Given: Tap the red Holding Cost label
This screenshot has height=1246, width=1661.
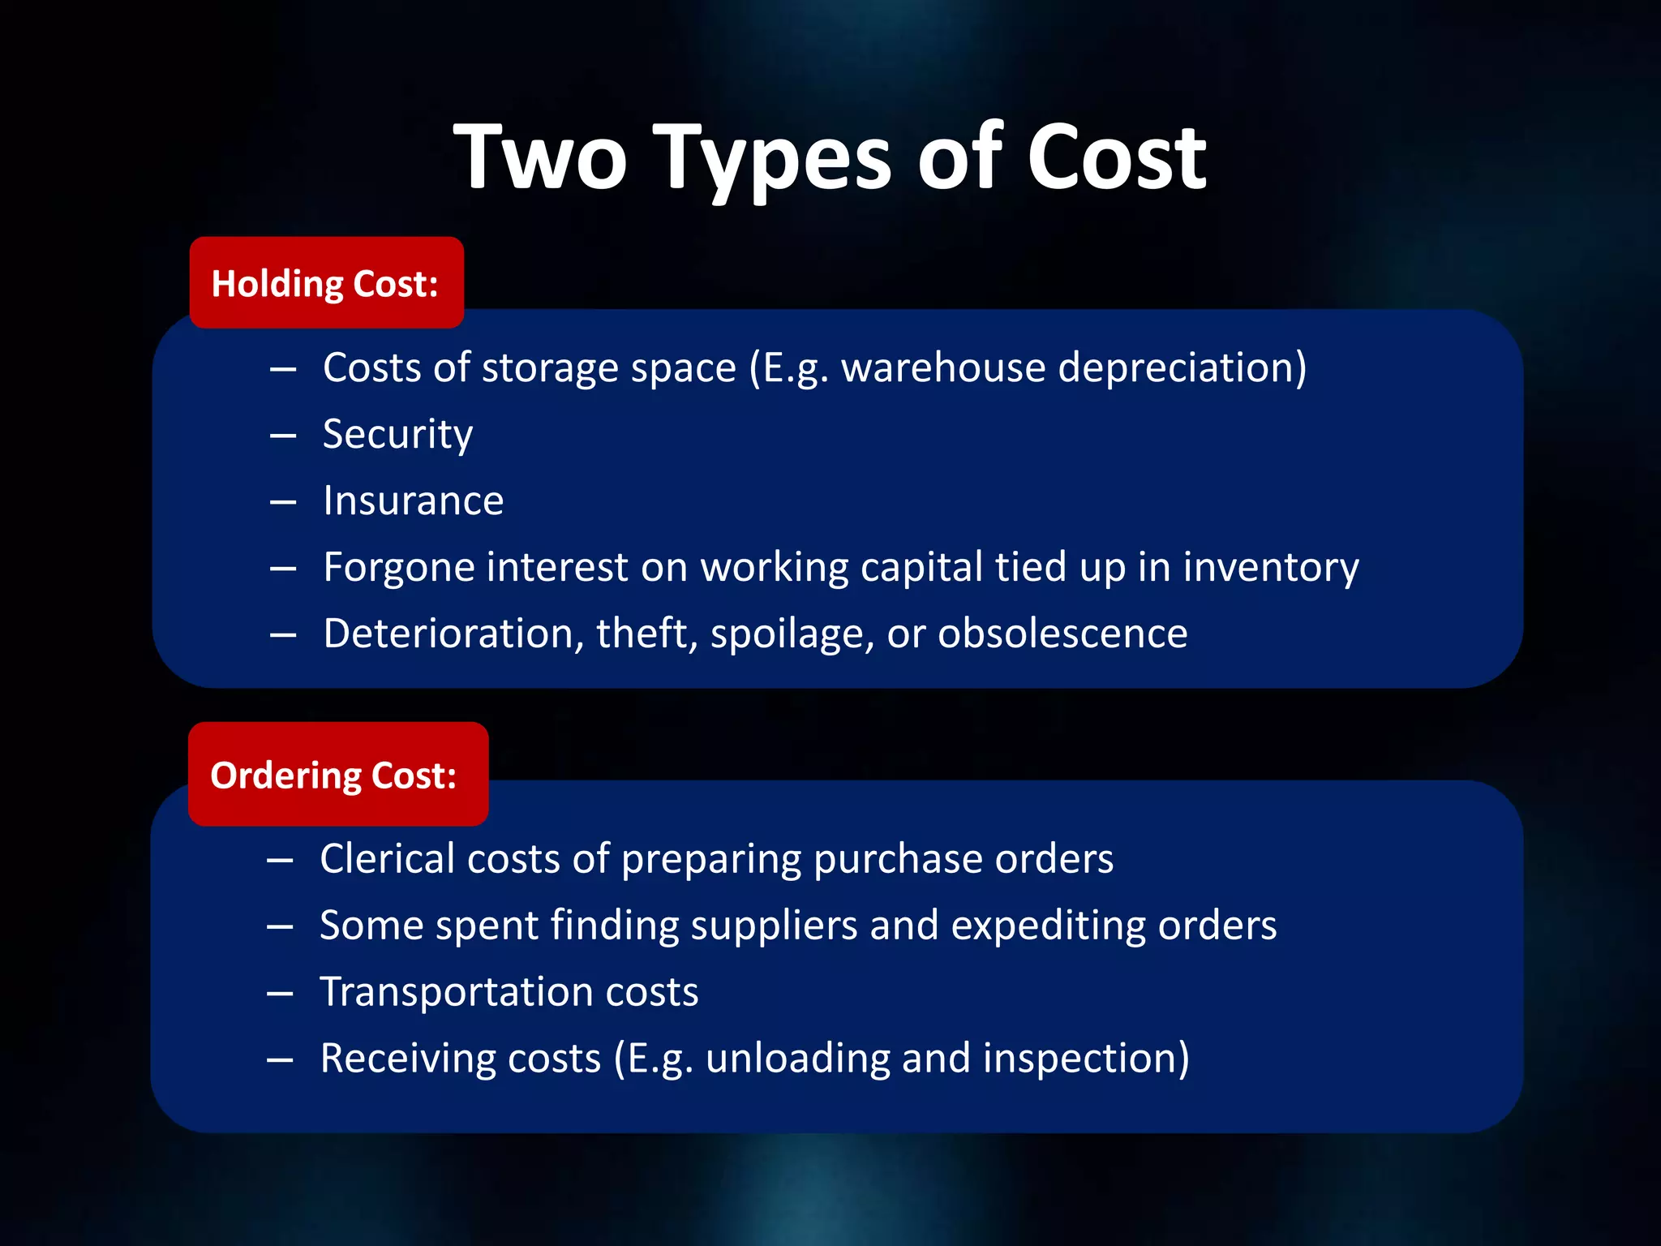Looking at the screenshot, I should [x=326, y=283].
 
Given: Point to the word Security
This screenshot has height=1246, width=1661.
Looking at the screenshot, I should [x=397, y=435].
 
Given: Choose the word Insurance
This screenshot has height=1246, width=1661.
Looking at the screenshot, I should [x=413, y=501].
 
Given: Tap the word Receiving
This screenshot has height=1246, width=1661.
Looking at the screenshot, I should [x=407, y=1059].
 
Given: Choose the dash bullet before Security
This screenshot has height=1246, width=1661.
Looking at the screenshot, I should [x=283, y=436].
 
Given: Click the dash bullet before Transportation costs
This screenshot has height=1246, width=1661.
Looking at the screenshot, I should [x=280, y=993].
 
